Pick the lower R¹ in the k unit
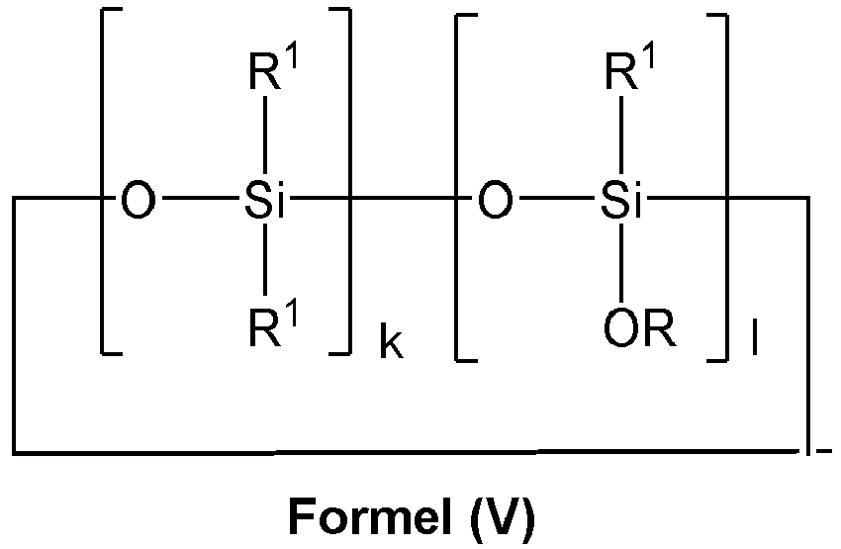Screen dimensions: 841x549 273,327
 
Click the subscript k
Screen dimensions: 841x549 392,347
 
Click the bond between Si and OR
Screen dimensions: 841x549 622,264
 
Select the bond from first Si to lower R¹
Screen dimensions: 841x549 265,264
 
